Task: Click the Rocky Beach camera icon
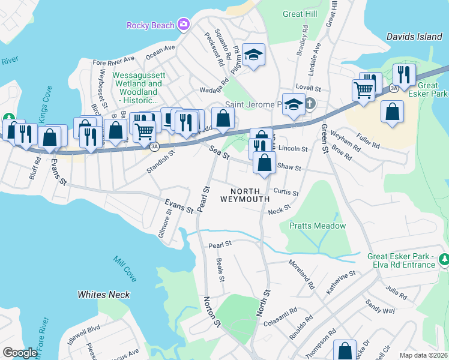point(183,25)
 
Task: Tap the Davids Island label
point(414,37)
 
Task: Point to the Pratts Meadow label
point(318,226)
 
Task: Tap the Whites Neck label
point(104,295)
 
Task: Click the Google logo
point(20,353)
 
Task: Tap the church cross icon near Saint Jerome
point(310,104)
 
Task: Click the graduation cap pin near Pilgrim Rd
point(254,55)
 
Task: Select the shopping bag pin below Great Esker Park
point(392,112)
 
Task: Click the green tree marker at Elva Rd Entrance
point(444,259)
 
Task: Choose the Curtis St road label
point(286,191)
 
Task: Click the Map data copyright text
point(424,355)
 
